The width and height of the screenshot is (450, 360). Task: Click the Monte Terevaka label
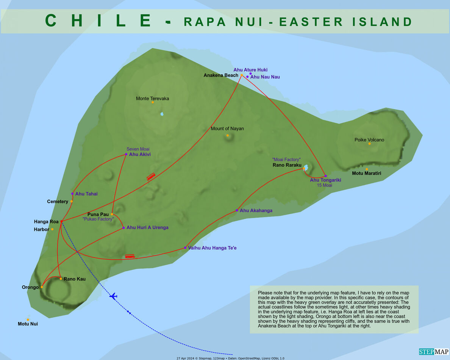[x=152, y=99]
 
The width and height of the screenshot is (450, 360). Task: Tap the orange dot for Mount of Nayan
[x=228, y=135]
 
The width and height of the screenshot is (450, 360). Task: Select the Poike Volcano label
[x=369, y=140]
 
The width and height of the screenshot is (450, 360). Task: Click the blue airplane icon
[x=113, y=296]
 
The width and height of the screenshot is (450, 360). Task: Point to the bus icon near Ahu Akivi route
[x=151, y=177]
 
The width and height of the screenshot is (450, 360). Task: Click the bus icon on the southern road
[x=130, y=256]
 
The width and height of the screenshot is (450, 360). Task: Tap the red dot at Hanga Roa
[x=61, y=221]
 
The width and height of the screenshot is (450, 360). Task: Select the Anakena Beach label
[x=221, y=75]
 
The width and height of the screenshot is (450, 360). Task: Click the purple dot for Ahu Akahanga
[x=237, y=210]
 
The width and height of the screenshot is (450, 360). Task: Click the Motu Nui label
[x=28, y=324]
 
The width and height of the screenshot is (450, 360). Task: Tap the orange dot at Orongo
[x=42, y=287]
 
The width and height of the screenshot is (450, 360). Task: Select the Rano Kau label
[x=74, y=279]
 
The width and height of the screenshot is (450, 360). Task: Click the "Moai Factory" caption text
[x=286, y=160]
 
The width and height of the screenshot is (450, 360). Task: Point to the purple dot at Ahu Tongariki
[x=325, y=176]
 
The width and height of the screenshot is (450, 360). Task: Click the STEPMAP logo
[x=433, y=351]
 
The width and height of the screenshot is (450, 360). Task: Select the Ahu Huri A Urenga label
[x=147, y=228]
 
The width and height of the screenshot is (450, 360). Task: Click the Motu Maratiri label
[x=366, y=174]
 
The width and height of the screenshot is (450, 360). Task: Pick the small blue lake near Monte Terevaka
[x=162, y=114]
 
